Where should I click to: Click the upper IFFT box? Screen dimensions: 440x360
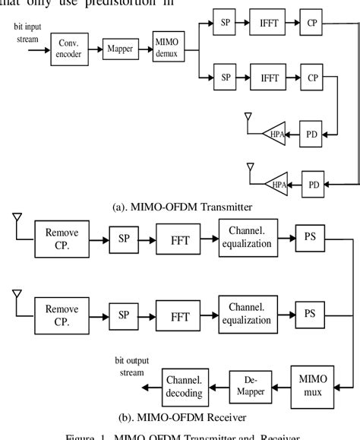[x=270, y=24]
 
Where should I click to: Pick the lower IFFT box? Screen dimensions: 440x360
[x=270, y=78]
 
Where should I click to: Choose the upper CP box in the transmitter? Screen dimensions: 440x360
[x=312, y=24]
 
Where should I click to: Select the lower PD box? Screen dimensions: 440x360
[x=313, y=184]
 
